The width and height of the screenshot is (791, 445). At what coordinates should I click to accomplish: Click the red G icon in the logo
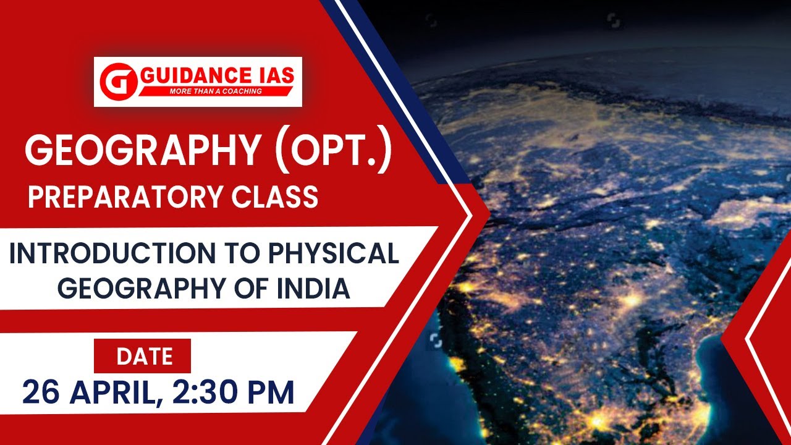tap(117, 81)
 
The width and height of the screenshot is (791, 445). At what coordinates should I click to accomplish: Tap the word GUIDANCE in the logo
tap(193, 77)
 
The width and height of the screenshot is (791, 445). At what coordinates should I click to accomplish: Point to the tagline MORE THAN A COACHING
tap(215, 91)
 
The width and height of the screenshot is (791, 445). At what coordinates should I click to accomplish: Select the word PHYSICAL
tap(334, 254)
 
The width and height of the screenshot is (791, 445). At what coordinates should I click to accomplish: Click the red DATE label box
tap(143, 356)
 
